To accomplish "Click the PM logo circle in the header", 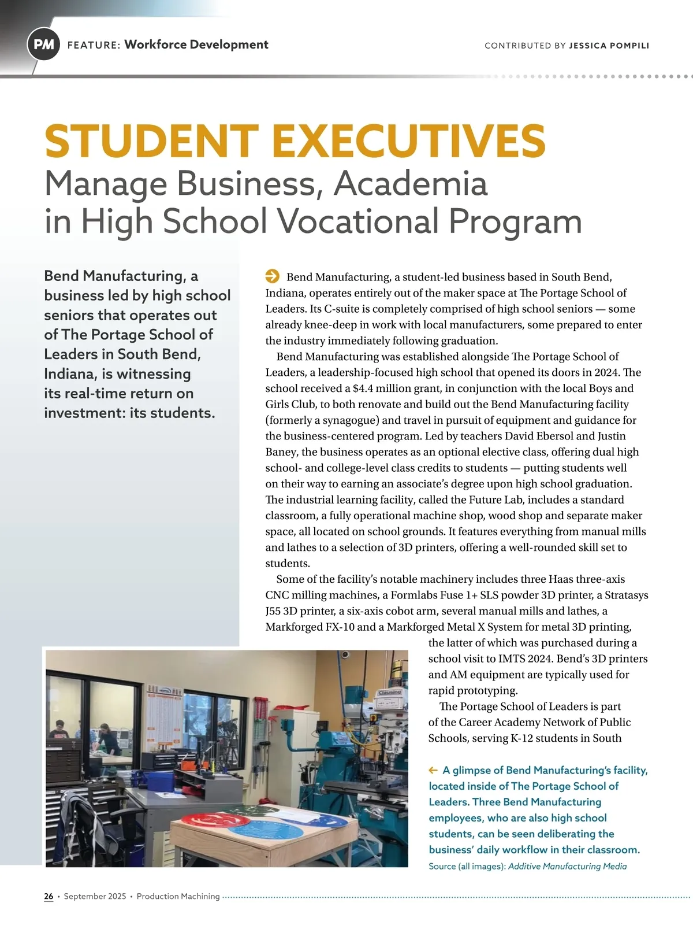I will point(44,45).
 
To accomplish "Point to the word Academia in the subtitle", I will point(410,184).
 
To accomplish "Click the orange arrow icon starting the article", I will point(272,276).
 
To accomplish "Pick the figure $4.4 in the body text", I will point(358,388).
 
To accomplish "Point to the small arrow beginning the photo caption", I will point(433,770).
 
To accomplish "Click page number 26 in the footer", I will point(49,896).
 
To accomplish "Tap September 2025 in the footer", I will point(95,896).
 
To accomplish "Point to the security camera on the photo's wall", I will point(345,655).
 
